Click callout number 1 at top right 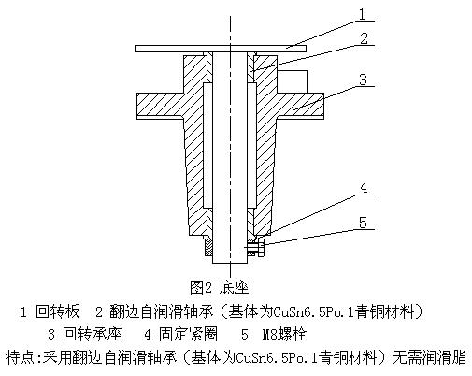(x=362, y=14)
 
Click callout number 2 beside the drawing (x=364, y=38)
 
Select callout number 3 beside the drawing (x=363, y=80)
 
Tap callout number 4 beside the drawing (x=364, y=187)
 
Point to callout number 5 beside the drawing (x=363, y=223)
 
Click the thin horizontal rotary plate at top (x=221, y=49)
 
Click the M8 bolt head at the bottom (x=261, y=248)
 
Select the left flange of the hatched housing (x=160, y=106)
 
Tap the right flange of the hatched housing (x=300, y=106)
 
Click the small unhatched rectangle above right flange (x=292, y=81)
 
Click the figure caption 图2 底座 (x=220, y=287)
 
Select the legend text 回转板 (x=58, y=311)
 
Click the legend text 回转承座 (x=93, y=334)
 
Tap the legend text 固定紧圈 (x=188, y=334)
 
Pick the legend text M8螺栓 (x=284, y=334)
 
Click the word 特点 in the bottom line (x=21, y=357)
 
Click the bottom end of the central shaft (x=230, y=263)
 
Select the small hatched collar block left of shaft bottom (x=208, y=248)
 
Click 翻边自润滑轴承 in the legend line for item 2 (x=161, y=311)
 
